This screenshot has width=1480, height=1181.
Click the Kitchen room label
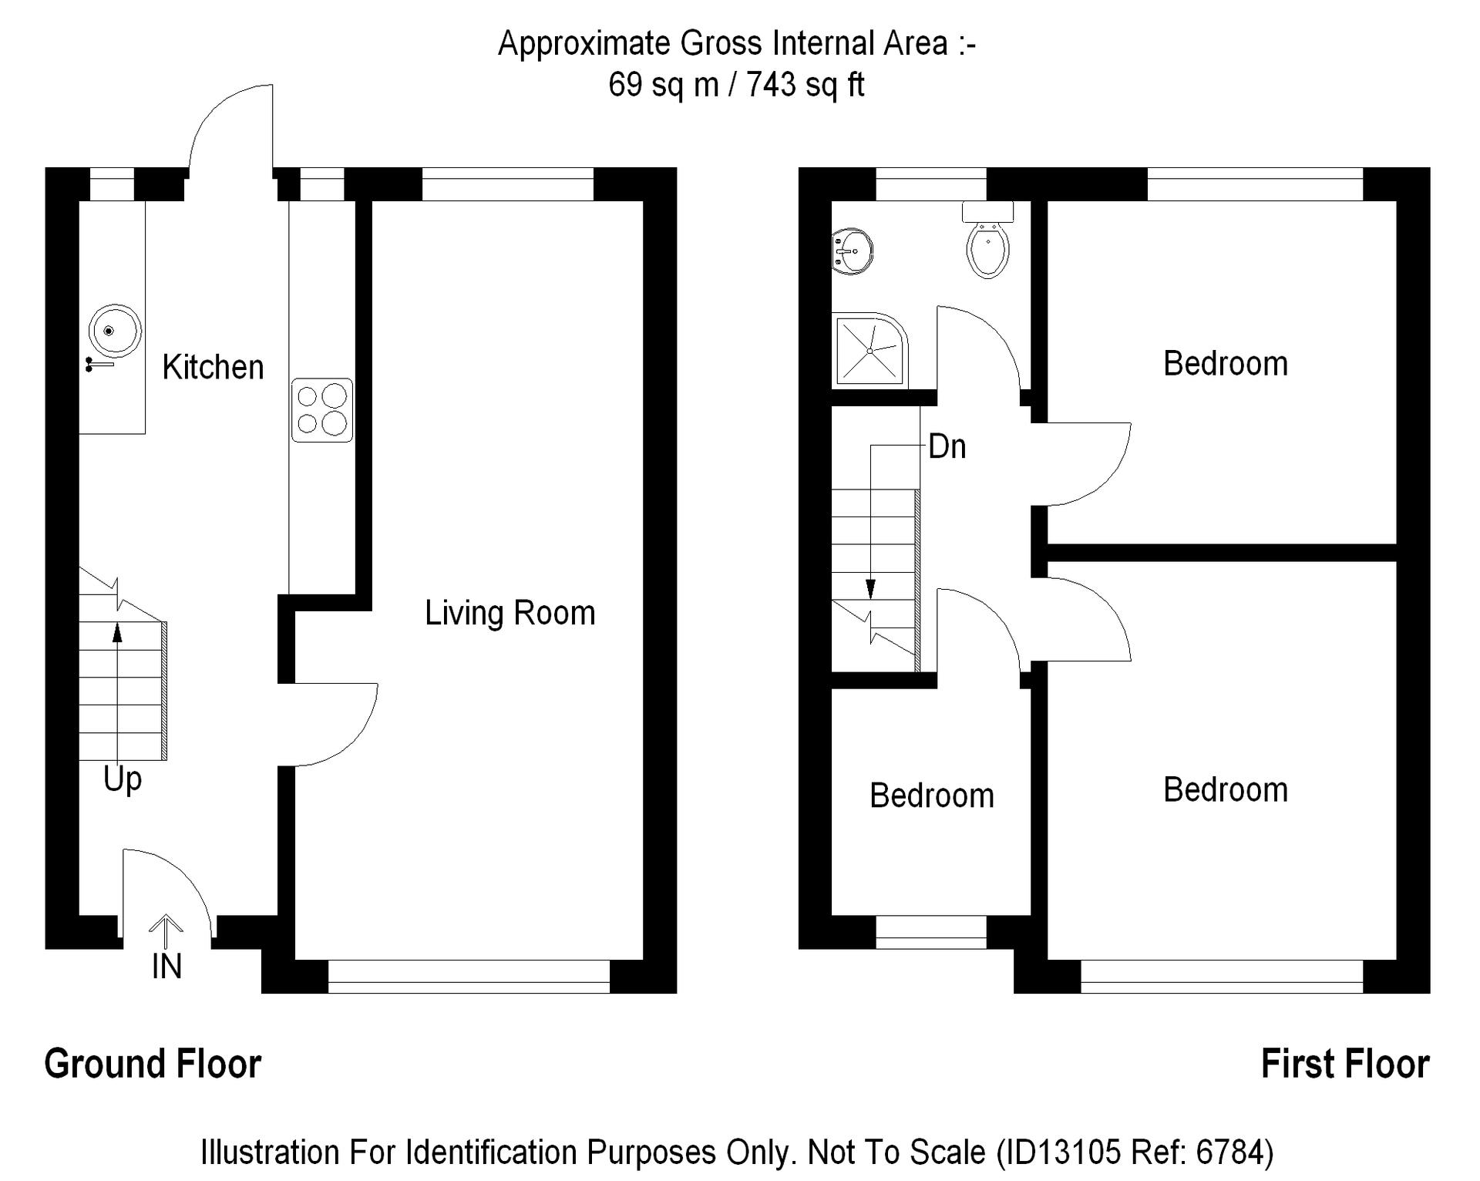(x=213, y=367)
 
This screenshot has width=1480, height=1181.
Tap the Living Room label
(x=510, y=613)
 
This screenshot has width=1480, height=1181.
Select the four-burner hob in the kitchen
(x=322, y=410)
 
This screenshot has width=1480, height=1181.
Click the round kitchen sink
(x=114, y=331)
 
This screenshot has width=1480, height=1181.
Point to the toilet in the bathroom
(x=988, y=239)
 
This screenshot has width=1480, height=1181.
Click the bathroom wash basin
(x=853, y=251)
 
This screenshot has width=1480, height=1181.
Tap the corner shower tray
(x=869, y=350)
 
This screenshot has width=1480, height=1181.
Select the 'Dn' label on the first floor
(x=947, y=446)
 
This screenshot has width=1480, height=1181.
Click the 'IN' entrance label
(x=166, y=966)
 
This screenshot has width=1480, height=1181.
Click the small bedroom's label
(x=932, y=796)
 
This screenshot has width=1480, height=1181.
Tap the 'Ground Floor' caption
(x=153, y=1065)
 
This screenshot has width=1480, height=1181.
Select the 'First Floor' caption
(x=1345, y=1065)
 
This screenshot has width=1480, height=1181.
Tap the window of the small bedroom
(x=931, y=932)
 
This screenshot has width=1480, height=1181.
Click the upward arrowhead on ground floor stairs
(x=117, y=633)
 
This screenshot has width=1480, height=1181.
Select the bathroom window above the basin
(x=931, y=184)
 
